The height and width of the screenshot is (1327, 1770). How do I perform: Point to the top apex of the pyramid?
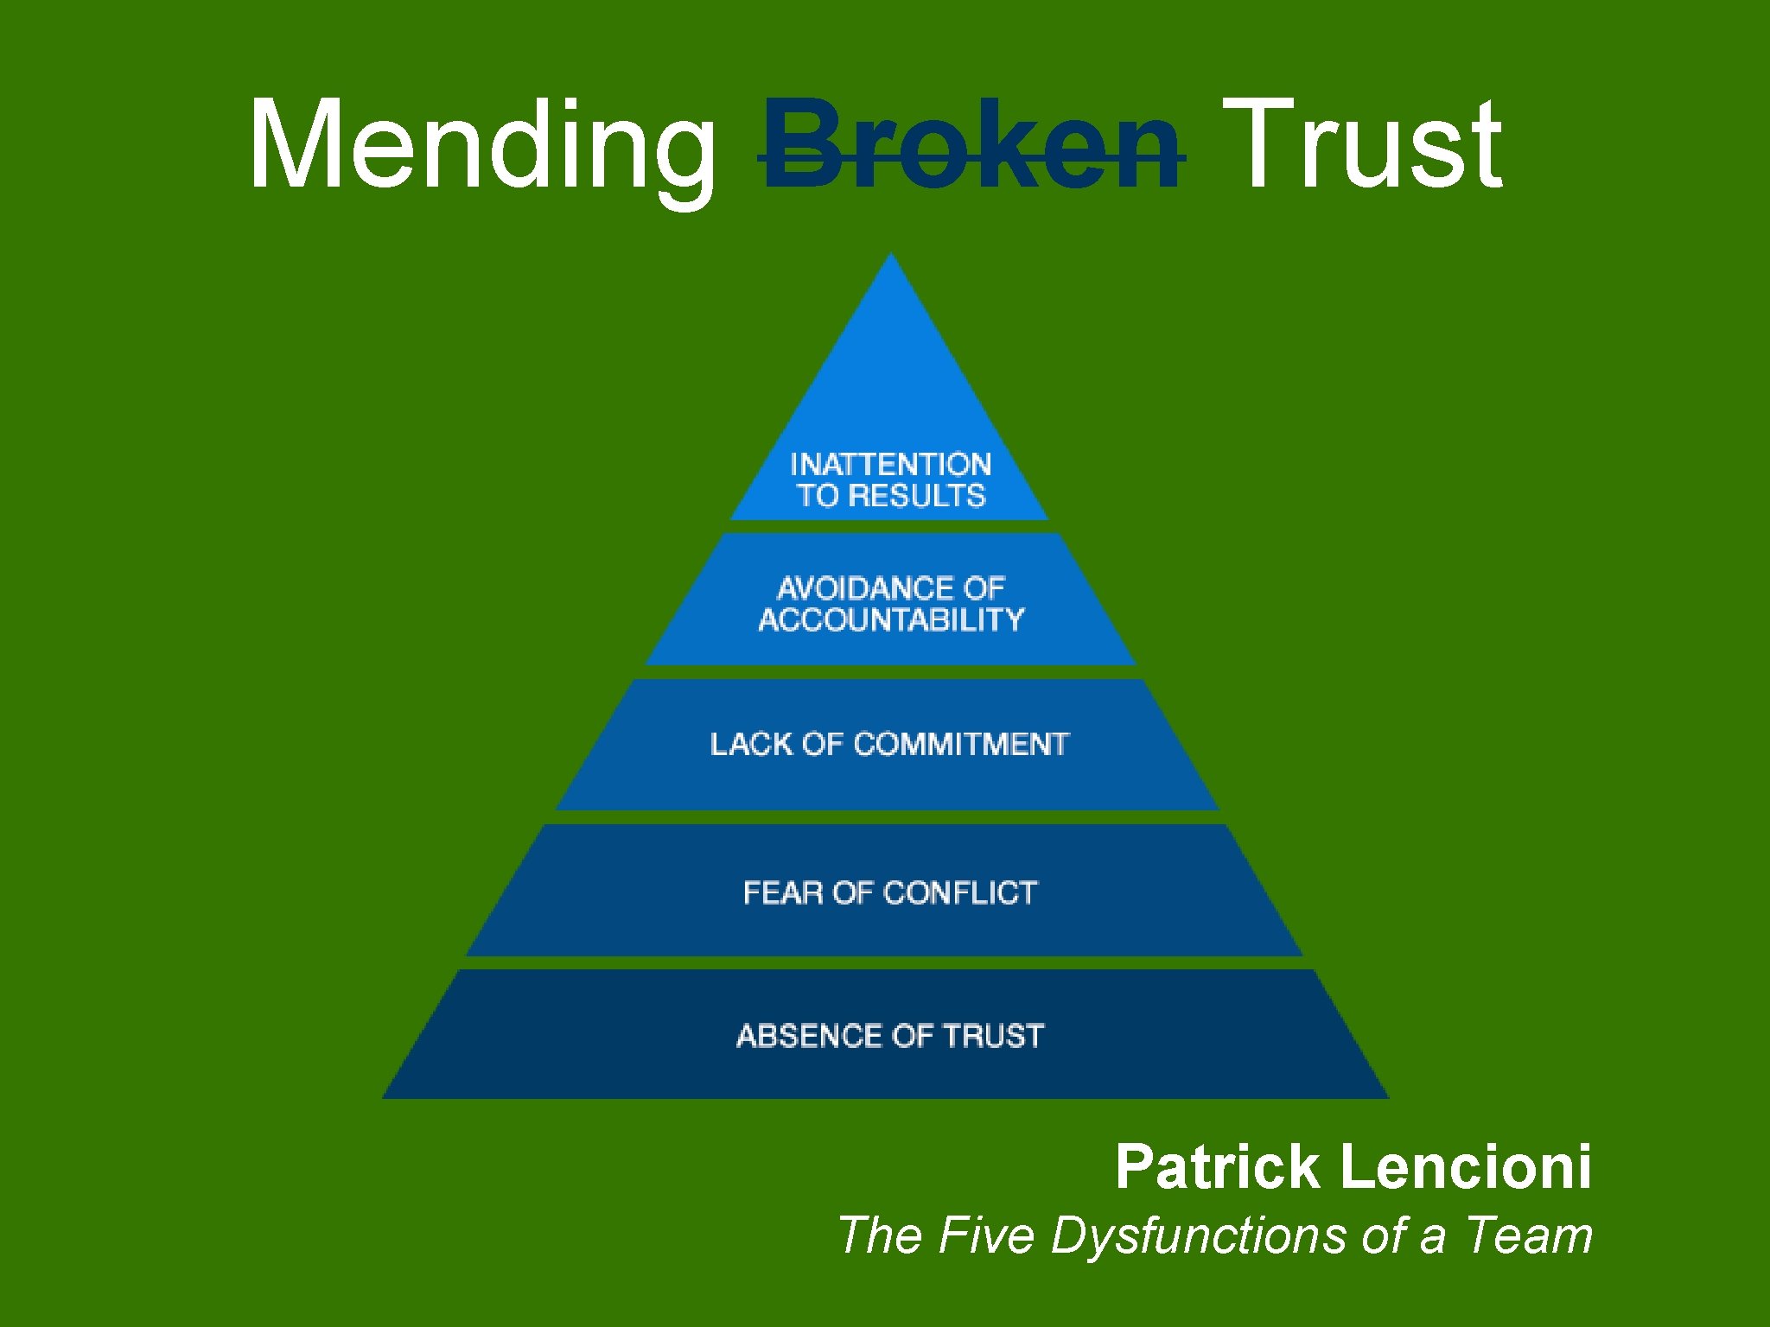890,256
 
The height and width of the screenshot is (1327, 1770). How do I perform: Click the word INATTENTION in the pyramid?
890,465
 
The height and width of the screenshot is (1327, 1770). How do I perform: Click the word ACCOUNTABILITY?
890,620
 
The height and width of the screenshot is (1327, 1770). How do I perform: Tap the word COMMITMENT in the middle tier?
961,745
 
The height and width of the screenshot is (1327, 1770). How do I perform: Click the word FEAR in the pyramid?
782,893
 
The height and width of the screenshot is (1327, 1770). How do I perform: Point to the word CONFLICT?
960,893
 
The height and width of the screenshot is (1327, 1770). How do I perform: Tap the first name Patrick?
1217,1167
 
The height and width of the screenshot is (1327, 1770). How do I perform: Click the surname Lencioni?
1465,1167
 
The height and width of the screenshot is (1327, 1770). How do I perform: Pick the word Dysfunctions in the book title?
1200,1235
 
